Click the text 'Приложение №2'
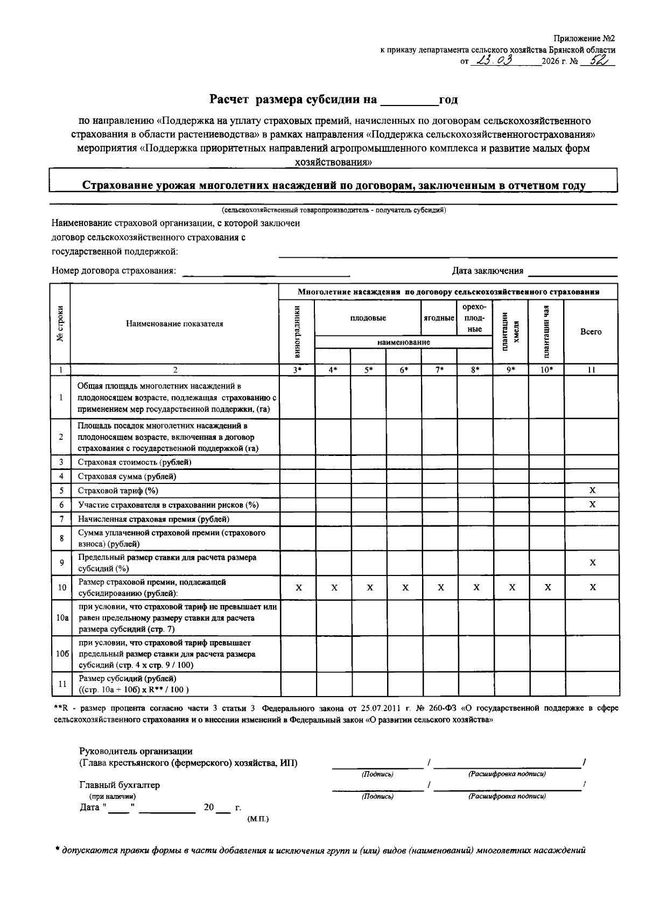click(x=584, y=39)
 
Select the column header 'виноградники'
click(x=297, y=331)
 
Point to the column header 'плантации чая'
click(x=546, y=331)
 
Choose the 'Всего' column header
click(x=591, y=332)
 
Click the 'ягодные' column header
click(x=439, y=318)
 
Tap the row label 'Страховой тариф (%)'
click(x=118, y=490)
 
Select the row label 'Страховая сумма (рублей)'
click(x=127, y=476)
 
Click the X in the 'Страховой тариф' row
click(x=592, y=490)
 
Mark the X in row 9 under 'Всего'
click(x=592, y=563)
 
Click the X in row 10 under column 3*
click(x=298, y=588)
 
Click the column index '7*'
click(x=439, y=370)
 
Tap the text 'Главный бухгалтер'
click(x=120, y=785)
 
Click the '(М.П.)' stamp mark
click(x=257, y=819)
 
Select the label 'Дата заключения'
click(x=487, y=271)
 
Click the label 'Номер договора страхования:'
click(x=114, y=271)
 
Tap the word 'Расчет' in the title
click(x=230, y=100)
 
